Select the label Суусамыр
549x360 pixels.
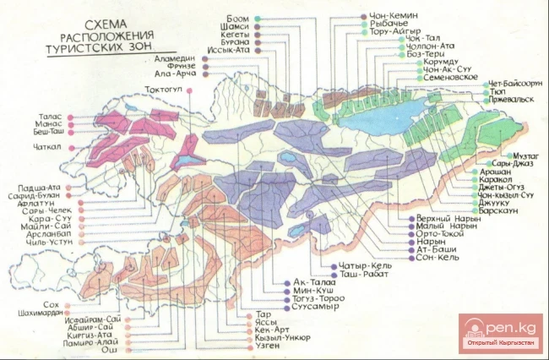click(x=318, y=306)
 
